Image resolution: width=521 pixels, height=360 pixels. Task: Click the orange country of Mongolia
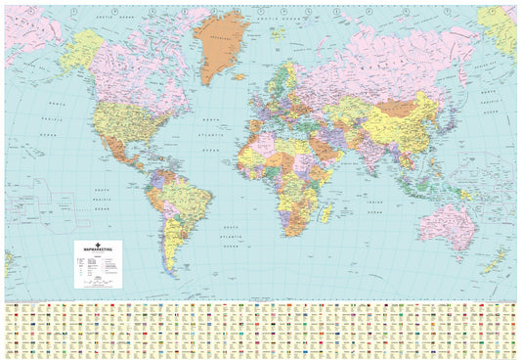(396, 106)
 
